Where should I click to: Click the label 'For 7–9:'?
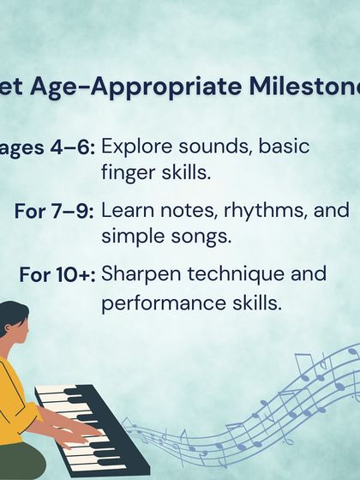tap(54, 211)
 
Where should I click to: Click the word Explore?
tap(141, 147)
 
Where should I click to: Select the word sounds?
tap(216, 147)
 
